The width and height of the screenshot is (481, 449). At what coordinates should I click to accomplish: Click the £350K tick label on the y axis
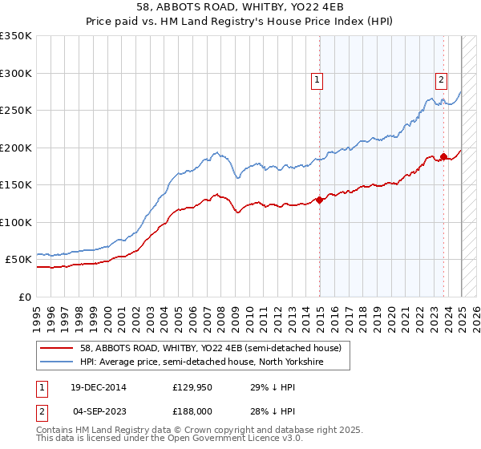(x=15, y=36)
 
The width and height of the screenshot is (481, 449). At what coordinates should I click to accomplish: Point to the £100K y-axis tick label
(x=15, y=222)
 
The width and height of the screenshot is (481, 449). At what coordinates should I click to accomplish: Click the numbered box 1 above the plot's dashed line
(x=318, y=79)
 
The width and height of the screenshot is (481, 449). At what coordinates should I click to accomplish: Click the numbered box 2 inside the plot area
(x=442, y=79)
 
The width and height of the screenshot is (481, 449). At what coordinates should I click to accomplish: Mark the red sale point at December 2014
(x=320, y=200)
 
